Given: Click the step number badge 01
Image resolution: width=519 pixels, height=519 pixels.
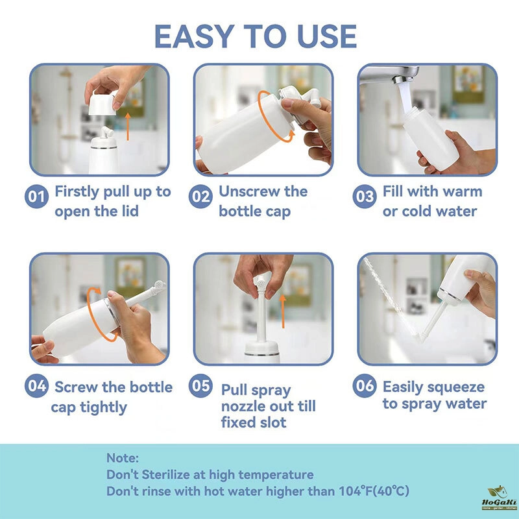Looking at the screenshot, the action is point(36,197).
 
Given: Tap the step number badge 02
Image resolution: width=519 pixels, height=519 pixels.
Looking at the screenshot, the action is point(200,197).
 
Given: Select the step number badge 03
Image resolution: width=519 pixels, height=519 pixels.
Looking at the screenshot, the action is point(365,197).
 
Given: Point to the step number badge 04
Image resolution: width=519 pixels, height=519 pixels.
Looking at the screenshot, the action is point(36,385).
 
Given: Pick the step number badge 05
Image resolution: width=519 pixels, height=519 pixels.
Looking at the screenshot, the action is point(200,385).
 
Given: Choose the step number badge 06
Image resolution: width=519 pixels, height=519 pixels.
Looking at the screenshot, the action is point(365,385).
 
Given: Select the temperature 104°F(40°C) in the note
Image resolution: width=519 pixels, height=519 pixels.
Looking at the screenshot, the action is point(374,490).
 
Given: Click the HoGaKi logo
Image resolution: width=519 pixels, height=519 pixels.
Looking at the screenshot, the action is point(499,498).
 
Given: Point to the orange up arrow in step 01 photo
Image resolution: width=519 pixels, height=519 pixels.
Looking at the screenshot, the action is point(128,127).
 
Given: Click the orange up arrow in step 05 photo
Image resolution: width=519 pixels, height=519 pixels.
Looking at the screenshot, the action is point(283,311).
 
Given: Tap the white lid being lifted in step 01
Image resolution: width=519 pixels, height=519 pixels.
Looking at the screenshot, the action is point(102,104).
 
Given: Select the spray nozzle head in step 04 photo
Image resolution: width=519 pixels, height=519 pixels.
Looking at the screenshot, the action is point(160,285).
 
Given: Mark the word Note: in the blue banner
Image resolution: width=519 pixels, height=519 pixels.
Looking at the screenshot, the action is point(123,458).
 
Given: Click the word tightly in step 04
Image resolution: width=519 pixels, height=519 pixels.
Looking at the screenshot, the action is point(103,408).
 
